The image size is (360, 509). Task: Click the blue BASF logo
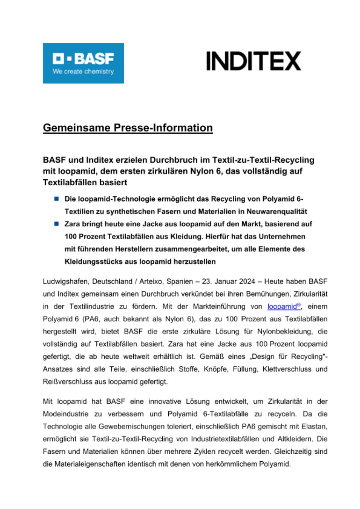point(83,63)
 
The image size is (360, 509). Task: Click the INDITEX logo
point(253,61)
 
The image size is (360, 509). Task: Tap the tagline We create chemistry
point(83,72)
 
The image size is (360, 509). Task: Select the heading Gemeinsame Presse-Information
point(128,128)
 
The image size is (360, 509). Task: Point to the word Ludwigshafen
point(65,282)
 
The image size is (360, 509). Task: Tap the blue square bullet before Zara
point(57,224)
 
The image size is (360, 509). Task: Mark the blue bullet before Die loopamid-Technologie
point(57,198)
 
